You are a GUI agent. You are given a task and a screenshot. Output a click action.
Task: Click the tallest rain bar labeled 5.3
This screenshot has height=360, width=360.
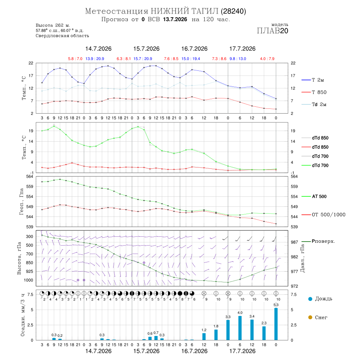pyautogui.click(x=276, y=324)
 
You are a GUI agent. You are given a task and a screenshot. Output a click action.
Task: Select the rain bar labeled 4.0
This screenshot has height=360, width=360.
pyautogui.click(x=240, y=328)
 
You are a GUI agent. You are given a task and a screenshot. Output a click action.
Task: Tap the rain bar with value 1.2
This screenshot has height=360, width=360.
pyautogui.click(x=204, y=336)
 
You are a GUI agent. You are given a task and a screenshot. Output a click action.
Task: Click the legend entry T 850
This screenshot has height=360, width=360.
pyautogui.click(x=314, y=92)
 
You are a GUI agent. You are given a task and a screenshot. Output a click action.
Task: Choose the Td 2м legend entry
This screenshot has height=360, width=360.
pyautogui.click(x=314, y=104)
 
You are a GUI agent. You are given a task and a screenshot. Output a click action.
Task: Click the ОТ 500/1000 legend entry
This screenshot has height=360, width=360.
pyautogui.click(x=323, y=215)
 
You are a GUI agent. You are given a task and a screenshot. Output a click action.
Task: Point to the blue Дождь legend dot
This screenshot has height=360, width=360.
pyautogui.click(x=310, y=299)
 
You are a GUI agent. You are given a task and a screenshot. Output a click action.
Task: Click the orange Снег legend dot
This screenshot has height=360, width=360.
pyautogui.click(x=310, y=317)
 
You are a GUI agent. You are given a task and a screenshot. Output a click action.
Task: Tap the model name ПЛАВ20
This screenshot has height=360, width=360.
pyautogui.click(x=272, y=31)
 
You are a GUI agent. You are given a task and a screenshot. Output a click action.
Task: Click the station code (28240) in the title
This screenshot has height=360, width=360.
pyautogui.click(x=233, y=11)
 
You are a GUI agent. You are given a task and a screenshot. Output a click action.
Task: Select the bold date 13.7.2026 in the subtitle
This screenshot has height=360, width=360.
pyautogui.click(x=175, y=19)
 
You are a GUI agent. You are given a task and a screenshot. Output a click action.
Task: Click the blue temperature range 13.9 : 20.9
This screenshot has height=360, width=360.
pyautogui.click(x=95, y=59)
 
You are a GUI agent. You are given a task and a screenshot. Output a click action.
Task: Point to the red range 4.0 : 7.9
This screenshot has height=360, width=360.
pyautogui.click(x=267, y=59)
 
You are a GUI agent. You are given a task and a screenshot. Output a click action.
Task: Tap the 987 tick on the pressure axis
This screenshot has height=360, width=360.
pyautogui.click(x=294, y=242)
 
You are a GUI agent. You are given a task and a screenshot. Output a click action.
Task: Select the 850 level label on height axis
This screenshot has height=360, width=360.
pyautogui.click(x=29, y=263)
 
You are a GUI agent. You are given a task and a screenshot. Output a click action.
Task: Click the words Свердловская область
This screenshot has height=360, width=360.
pyautogui.click(x=62, y=36)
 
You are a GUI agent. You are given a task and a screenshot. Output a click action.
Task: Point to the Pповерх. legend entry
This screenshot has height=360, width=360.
pyautogui.click(x=318, y=241)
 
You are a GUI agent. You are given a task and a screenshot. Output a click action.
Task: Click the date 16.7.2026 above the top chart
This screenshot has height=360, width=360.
pyautogui.click(x=194, y=49)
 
